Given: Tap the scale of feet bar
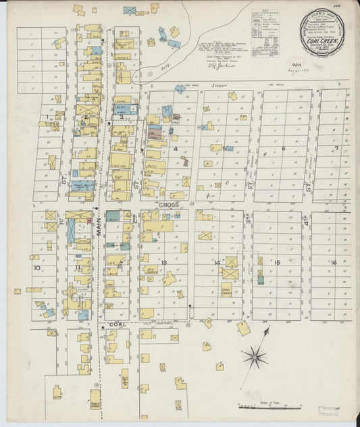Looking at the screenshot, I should tap(269, 407).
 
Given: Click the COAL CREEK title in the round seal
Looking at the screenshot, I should tap(323, 39).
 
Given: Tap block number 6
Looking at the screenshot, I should tap(284, 149).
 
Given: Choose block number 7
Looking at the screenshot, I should tap(336, 148).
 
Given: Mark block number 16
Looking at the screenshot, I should tap(333, 262).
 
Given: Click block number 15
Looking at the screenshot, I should tap(277, 262).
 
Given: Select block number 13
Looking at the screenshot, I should tap(163, 262).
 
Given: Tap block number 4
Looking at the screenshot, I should tap(175, 149).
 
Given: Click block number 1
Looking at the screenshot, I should tap(47, 117).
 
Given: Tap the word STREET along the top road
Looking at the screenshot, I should tap(218, 86).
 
